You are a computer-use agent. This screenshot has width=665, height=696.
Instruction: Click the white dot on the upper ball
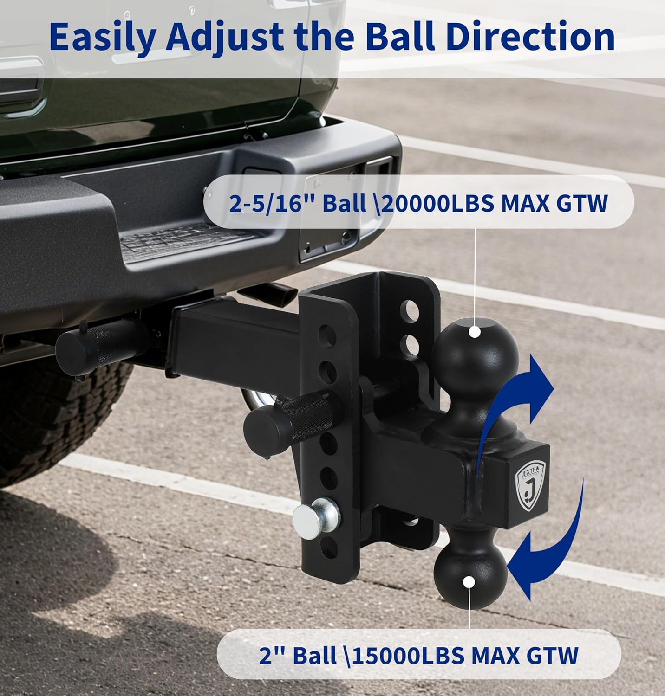click(474, 332)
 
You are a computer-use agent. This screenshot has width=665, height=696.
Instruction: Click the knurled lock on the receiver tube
click(100, 342)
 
